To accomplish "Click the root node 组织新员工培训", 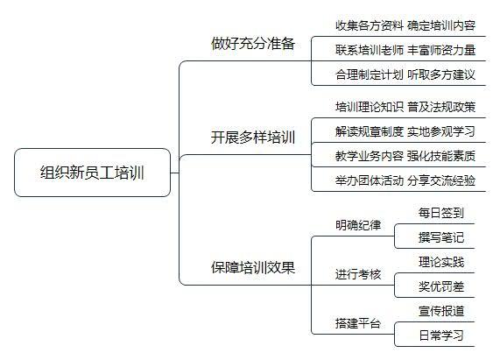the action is [x=93, y=173].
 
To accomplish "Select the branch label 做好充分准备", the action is [x=253, y=44].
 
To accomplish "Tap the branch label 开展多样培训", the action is [x=253, y=138].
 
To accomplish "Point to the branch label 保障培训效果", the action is [x=253, y=267].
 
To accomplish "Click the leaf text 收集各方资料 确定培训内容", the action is [x=405, y=25].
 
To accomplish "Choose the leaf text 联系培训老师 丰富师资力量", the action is [x=405, y=50].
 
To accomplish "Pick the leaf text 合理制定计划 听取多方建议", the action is [x=405, y=74].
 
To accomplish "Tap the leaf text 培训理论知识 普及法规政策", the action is [x=405, y=107].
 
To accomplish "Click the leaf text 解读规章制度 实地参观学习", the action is [x=405, y=131].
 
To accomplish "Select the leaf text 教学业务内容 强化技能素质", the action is [x=405, y=156].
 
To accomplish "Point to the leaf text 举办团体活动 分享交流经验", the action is [x=405, y=180].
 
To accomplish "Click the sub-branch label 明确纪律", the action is [x=358, y=225].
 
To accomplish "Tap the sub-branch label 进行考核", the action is [x=358, y=274].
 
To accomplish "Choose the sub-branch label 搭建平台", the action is [x=358, y=323].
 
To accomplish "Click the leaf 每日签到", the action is [x=441, y=213].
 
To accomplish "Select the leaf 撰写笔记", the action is [x=441, y=237].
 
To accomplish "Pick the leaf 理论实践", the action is [x=441, y=262].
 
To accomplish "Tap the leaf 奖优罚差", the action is [x=441, y=286].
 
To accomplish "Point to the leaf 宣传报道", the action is [x=441, y=311].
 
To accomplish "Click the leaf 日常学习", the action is [x=441, y=335].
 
